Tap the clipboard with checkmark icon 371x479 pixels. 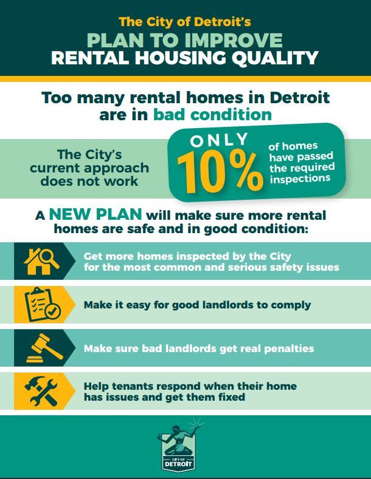point(41,304)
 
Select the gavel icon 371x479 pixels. point(41,348)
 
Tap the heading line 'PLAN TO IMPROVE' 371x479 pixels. point(185,40)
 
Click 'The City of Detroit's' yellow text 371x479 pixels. point(185,22)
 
